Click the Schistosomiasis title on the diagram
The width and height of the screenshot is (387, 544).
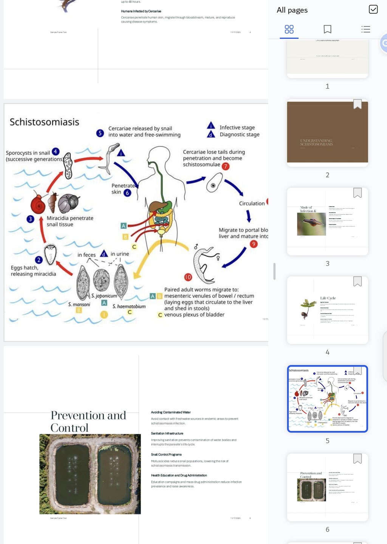coord(44,122)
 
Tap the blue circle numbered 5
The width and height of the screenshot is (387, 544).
coord(100,133)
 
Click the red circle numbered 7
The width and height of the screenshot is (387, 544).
coord(226,166)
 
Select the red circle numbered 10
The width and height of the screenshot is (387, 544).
coord(188,277)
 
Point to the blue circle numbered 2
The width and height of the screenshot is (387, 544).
coord(39,260)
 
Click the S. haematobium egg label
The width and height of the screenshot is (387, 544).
coord(129,306)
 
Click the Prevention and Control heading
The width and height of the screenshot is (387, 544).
coord(88,421)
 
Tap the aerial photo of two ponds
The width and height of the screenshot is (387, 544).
coord(90,474)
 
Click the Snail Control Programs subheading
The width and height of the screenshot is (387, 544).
coord(166,454)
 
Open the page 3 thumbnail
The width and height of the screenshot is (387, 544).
coord(327,221)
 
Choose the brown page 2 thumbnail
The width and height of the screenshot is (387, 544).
coord(327,132)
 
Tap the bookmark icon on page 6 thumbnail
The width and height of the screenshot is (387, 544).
coord(357,459)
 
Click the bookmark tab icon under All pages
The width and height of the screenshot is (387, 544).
coord(327,29)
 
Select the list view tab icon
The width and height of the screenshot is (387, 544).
coord(365,29)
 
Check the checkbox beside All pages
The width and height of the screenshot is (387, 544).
coord(373,9)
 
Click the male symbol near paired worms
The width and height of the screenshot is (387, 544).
coord(196,247)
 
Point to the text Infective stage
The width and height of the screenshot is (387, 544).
coord(237,127)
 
